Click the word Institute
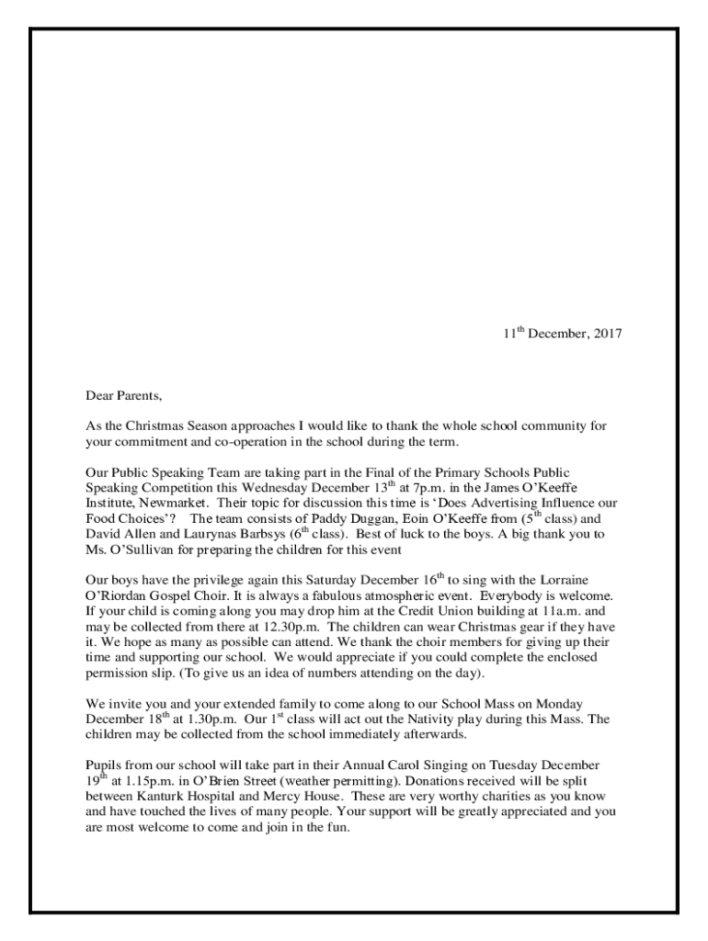pyautogui.click(x=109, y=504)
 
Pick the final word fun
pyautogui.click(x=338, y=827)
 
